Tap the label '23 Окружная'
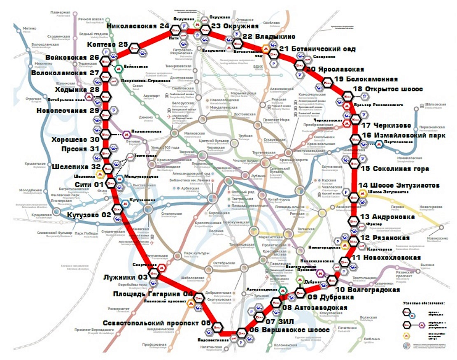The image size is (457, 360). (235, 26)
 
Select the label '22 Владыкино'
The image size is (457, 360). (269, 37)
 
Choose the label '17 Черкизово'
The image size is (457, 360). (387, 125)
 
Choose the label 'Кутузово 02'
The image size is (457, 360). (89, 215)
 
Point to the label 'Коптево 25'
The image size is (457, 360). (108, 44)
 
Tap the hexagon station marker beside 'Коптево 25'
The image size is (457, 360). (135, 48)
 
